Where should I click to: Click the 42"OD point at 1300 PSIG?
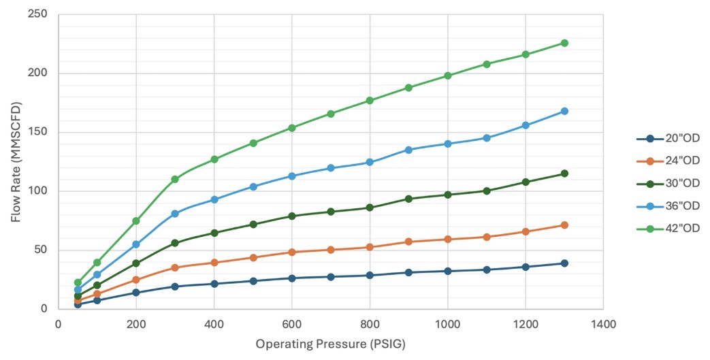click(564, 43)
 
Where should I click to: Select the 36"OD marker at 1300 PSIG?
click(564, 111)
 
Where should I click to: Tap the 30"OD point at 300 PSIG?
click(175, 243)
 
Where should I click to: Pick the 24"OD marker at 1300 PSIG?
click(564, 225)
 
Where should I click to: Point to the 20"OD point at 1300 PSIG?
click(564, 263)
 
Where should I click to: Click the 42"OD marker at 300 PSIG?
click(175, 179)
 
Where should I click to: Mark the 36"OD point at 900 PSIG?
click(408, 150)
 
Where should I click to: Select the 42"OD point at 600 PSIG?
click(292, 128)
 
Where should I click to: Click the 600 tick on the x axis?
click(292, 325)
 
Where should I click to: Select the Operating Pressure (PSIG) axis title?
click(330, 344)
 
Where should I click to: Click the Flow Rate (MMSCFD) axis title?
click(16, 161)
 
